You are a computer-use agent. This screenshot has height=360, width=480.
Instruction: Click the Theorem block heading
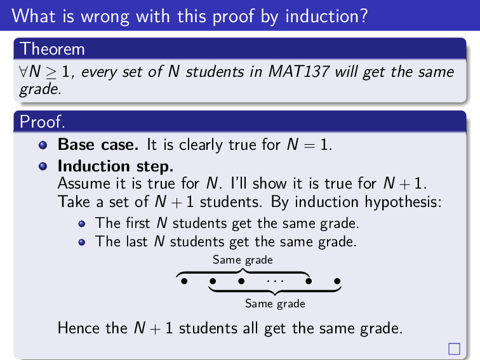52,48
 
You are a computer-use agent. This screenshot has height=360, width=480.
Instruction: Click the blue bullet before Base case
43,145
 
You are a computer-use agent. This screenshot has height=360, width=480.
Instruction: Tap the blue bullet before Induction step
43,167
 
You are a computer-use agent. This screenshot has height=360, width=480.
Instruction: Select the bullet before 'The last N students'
83,242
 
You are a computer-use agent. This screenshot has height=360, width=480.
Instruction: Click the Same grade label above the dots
243,260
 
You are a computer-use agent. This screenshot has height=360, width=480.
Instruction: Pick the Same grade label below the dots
275,303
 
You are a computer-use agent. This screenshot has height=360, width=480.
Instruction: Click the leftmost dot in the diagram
183,280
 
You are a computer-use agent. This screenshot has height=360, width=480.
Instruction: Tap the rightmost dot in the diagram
337,280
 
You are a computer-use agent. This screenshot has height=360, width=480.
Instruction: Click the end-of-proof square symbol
454,348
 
